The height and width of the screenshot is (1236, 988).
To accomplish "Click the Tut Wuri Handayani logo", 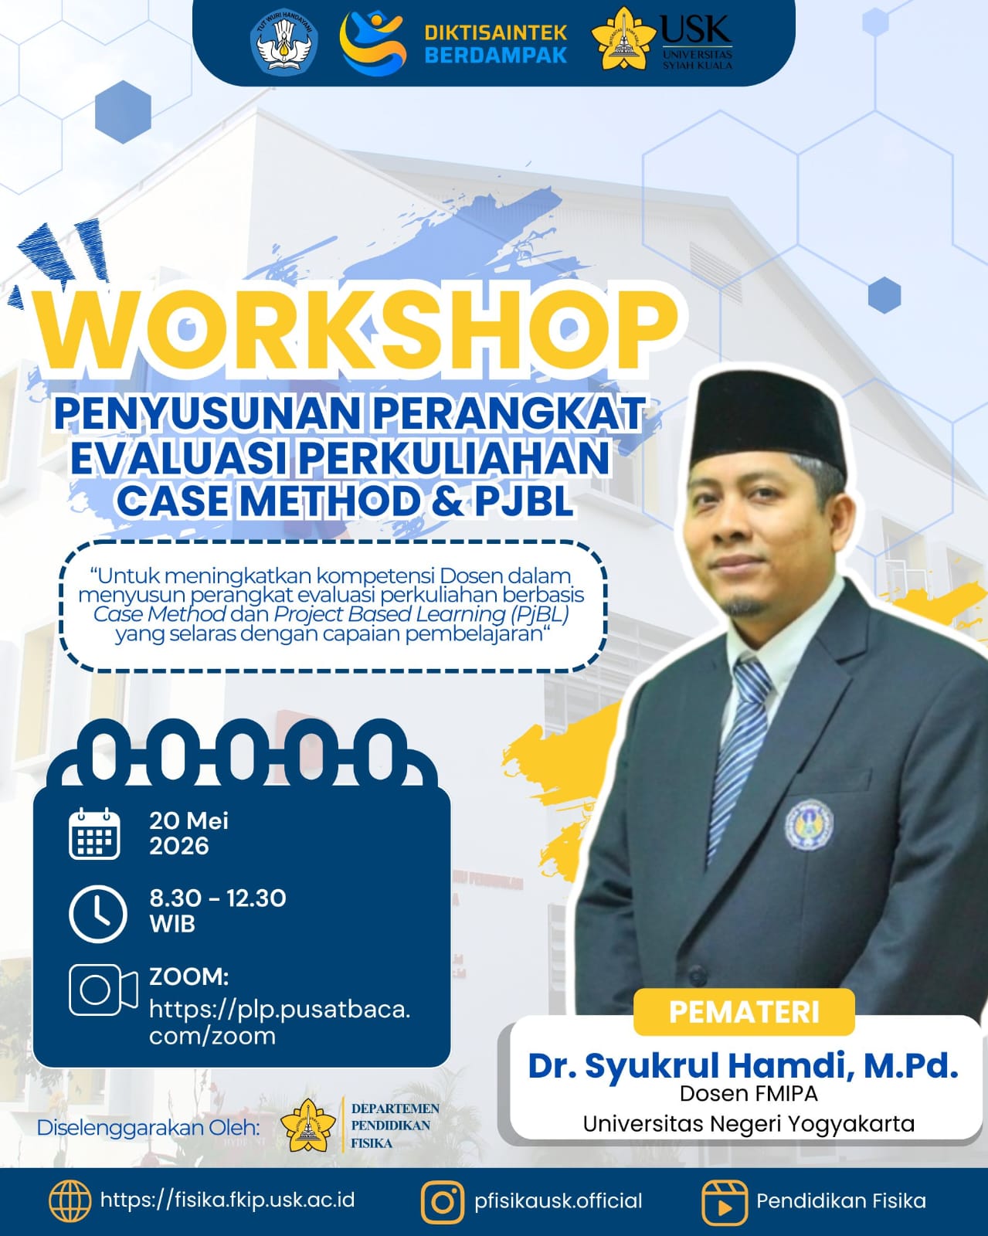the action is pyautogui.click(x=283, y=42).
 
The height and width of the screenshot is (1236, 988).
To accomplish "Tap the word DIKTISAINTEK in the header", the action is pyautogui.click(x=496, y=32).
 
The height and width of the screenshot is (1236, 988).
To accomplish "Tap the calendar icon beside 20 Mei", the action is pyautogui.click(x=95, y=834).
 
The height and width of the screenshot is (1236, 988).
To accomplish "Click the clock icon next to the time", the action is pyautogui.click(x=97, y=914).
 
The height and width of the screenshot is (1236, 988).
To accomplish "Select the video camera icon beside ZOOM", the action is pyautogui.click(x=104, y=990).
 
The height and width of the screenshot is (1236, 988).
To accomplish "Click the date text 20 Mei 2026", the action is pyautogui.click(x=189, y=833).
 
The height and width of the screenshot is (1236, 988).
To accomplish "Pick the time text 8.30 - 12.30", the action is pyautogui.click(x=218, y=898).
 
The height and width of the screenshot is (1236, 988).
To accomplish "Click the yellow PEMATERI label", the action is pyautogui.click(x=744, y=1013).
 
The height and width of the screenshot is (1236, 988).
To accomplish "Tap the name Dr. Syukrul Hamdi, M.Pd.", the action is pyautogui.click(x=743, y=1065).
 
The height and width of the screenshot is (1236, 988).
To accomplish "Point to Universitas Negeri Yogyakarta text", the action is pyautogui.click(x=749, y=1123).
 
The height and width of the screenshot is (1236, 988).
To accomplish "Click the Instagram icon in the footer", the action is pyautogui.click(x=443, y=1202).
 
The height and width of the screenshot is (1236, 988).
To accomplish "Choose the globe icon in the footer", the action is pyautogui.click(x=70, y=1201).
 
